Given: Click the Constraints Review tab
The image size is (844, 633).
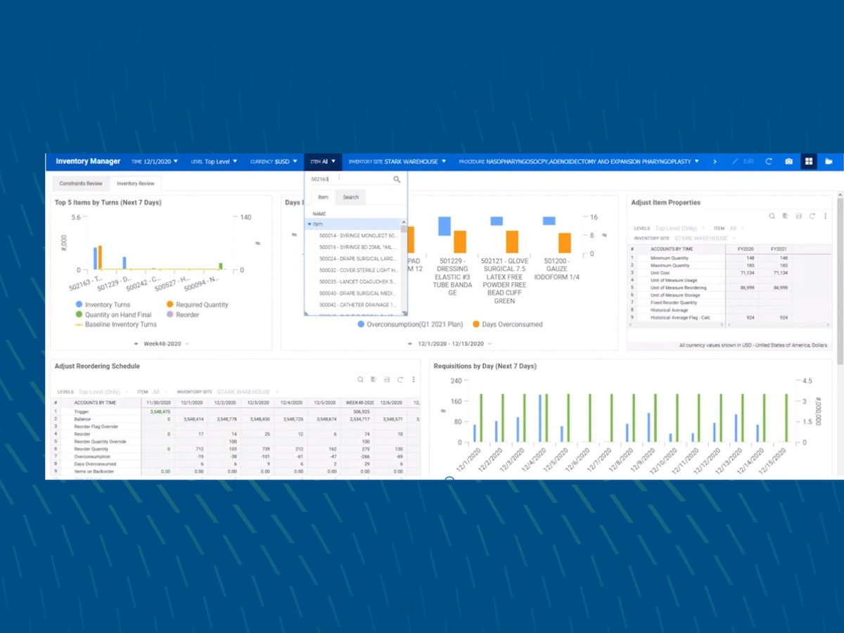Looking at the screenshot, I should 80,184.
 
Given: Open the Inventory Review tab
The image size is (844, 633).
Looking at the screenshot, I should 136,184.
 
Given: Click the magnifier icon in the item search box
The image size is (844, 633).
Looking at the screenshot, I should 397,179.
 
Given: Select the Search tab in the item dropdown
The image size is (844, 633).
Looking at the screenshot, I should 350,197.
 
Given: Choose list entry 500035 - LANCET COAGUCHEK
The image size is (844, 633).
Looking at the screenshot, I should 357,281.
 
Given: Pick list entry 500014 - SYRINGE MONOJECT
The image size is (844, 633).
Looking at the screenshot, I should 357,236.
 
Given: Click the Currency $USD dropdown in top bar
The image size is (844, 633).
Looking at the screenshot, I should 274,162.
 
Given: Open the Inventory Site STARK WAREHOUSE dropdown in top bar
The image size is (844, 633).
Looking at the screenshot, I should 397,162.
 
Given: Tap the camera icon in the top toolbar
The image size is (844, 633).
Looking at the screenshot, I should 788,162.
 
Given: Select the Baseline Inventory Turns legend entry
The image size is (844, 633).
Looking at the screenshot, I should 120,324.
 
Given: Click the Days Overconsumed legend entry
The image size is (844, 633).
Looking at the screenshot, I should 511,324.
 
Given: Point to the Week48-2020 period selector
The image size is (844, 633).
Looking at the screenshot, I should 162,344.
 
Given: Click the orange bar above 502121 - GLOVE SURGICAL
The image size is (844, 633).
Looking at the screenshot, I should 511,241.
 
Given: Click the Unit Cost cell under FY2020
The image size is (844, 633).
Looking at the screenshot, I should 744,272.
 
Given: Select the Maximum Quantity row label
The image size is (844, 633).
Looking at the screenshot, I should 670,265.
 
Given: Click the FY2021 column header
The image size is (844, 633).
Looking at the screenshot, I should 778,249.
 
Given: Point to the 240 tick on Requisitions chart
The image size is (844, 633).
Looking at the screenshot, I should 455,381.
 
